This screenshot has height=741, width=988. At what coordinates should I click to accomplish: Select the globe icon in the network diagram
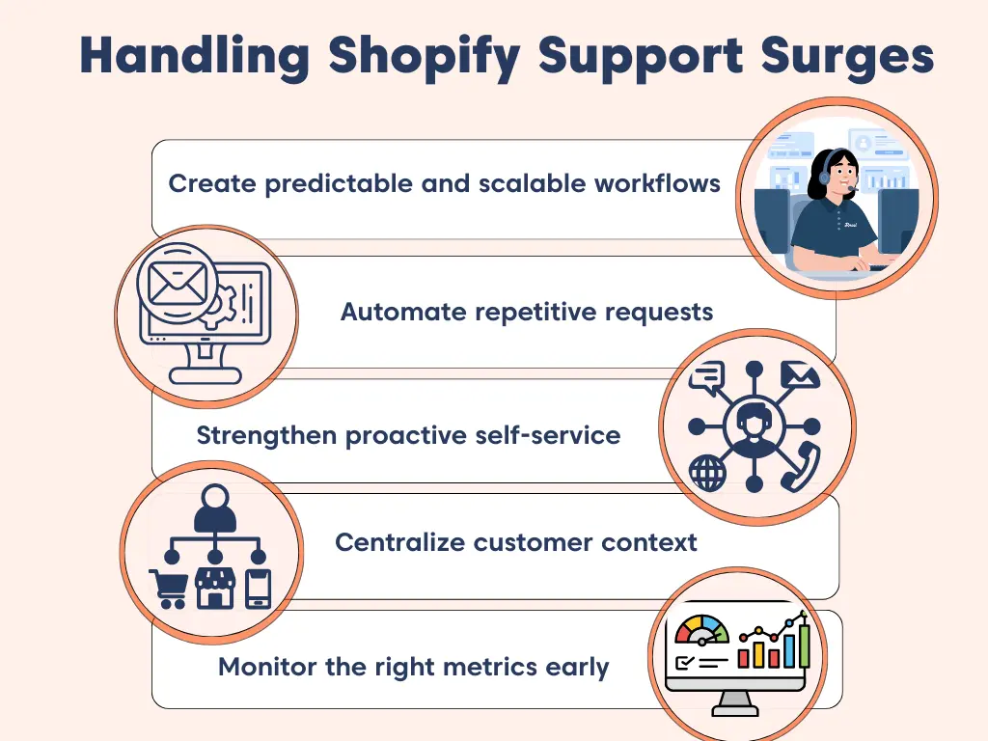[x=706, y=474]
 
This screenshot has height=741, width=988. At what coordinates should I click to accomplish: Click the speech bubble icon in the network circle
[x=707, y=376]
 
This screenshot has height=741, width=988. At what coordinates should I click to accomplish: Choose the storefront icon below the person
[x=215, y=588]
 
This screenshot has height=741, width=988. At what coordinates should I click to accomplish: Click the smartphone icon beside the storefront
[x=258, y=588]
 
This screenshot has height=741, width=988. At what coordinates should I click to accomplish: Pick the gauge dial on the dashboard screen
[x=702, y=633]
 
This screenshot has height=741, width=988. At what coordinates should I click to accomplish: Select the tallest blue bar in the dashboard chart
[x=804, y=644]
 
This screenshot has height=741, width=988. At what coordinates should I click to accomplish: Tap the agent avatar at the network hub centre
[x=755, y=425]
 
